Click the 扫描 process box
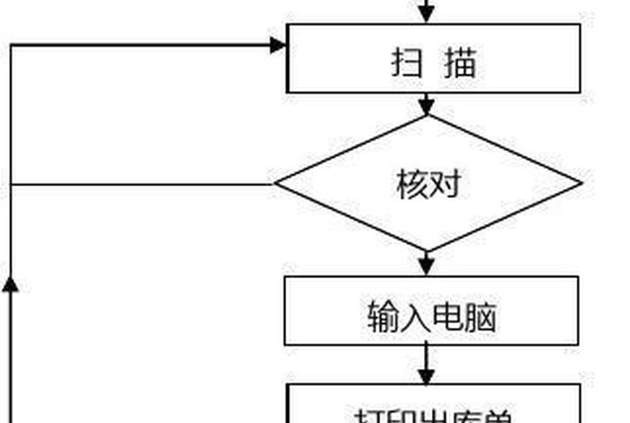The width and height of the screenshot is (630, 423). (x=433, y=58)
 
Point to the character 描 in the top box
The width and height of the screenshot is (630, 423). (x=460, y=64)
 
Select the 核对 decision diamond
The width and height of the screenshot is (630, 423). (x=428, y=184)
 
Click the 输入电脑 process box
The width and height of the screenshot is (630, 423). (x=431, y=310)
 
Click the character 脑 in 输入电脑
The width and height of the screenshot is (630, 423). (x=480, y=317)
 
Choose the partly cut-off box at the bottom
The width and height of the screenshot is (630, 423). (x=433, y=405)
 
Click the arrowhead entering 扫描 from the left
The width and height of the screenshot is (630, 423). (x=278, y=43)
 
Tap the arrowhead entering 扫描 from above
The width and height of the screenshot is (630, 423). (x=427, y=15)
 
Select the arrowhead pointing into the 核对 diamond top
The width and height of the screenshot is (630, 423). (x=427, y=107)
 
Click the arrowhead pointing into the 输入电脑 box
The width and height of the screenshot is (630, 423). (x=427, y=267)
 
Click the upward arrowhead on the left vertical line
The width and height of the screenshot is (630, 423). (x=10, y=284)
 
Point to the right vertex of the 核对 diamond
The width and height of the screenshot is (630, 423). (x=580, y=184)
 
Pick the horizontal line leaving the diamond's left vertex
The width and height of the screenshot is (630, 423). (x=135, y=184)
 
